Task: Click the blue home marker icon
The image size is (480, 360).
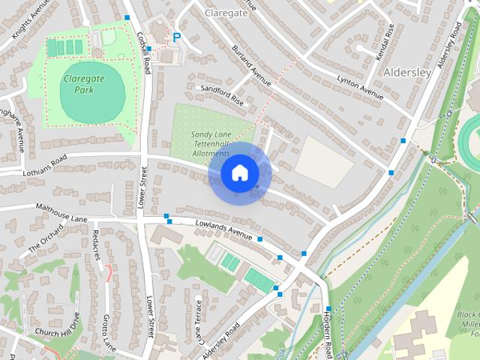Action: coord(238,172)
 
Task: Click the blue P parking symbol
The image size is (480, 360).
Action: coord(177,37)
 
